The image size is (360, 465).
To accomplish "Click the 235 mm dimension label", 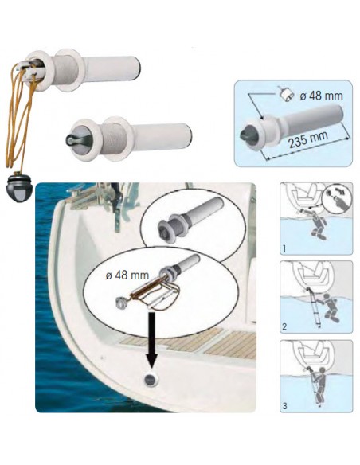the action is click(x=308, y=139).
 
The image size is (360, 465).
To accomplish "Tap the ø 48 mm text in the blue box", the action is click(x=321, y=96).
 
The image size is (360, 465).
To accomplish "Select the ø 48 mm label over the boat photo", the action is click(x=127, y=275).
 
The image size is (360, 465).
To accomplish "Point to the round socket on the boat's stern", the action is click(x=151, y=379).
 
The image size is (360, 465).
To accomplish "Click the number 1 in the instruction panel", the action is click(x=284, y=248).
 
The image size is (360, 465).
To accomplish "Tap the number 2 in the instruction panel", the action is click(x=284, y=326).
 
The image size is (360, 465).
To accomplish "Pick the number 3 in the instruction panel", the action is click(x=284, y=406).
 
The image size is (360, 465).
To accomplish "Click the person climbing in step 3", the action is click(x=317, y=387).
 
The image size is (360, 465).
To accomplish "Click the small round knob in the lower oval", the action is click(x=121, y=303).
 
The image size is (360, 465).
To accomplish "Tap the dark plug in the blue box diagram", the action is click(x=247, y=135).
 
